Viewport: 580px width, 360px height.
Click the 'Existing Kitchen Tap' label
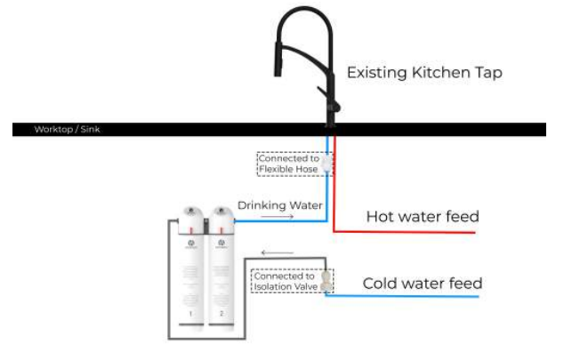424,73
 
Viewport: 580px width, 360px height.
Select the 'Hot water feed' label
423,216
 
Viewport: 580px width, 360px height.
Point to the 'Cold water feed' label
423,284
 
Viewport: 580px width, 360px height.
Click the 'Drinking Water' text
279,205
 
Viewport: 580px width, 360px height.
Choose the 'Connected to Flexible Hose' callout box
287,164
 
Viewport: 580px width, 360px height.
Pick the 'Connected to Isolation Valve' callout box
285,281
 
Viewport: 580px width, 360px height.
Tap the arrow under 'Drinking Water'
279,216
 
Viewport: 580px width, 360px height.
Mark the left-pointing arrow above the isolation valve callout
278,252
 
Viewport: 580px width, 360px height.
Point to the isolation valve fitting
326,282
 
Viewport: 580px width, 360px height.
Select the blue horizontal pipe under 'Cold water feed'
409,296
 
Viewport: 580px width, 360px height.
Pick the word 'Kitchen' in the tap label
433,73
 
